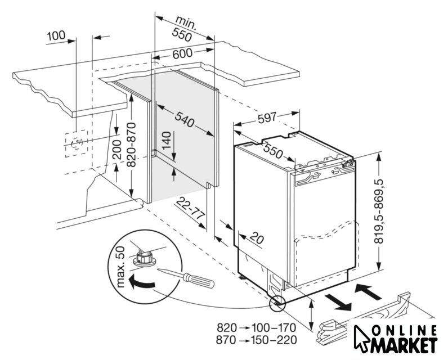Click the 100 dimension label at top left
56,36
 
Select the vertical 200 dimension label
117,147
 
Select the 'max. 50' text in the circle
119,267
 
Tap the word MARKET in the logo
404,344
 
